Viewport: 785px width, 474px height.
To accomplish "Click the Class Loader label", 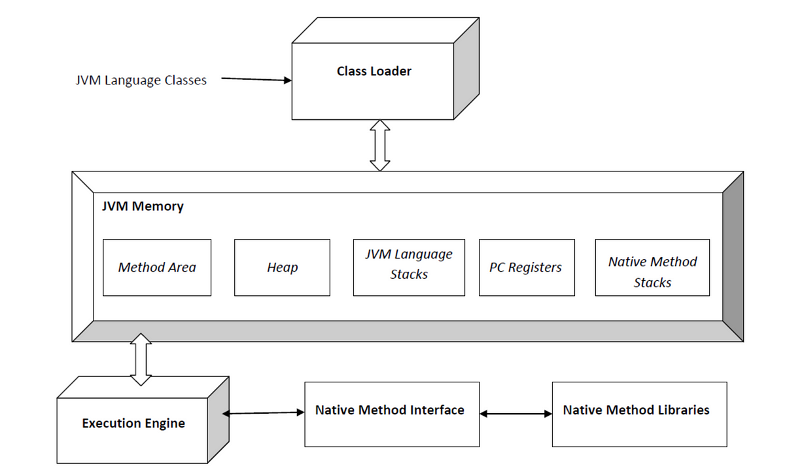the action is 374,71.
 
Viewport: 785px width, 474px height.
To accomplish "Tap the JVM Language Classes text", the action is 141,81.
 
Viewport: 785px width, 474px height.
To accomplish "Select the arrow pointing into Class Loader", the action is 256,79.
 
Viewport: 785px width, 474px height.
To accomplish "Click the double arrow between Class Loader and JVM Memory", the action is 380,145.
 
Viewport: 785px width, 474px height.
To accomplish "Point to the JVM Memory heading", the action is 143,206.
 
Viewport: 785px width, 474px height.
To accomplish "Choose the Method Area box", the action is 157,268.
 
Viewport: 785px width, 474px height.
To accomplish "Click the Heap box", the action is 282,268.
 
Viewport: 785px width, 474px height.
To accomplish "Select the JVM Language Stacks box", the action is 409,268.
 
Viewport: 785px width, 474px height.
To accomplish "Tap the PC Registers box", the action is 527,268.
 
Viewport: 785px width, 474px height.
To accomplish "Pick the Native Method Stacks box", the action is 652,268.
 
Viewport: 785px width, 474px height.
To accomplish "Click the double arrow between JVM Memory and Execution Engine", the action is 141,359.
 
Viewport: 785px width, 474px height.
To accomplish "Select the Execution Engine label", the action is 133,424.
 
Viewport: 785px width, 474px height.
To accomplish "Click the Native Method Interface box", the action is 392,414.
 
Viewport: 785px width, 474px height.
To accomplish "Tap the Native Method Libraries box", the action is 640,414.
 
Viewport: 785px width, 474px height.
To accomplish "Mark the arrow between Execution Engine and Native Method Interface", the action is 264,413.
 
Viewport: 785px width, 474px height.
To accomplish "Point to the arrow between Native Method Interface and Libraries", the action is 516,414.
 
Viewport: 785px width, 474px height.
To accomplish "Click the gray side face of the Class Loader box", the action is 466,69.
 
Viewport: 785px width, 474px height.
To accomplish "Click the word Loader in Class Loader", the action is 391,71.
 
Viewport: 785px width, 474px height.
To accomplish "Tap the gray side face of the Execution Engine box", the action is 218,420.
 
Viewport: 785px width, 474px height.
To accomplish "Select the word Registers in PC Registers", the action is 535,268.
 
